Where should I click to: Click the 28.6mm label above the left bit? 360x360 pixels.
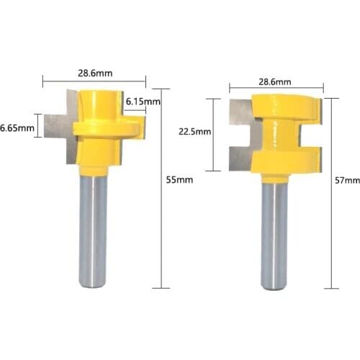pyautogui.click(x=94, y=73)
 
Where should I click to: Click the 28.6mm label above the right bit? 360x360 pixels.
pyautogui.click(x=274, y=81)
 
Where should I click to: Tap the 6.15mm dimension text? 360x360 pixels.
pyautogui.click(x=143, y=102)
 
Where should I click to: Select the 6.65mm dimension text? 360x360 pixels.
pyautogui.click(x=17, y=128)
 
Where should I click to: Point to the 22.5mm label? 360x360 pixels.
pyautogui.click(x=194, y=132)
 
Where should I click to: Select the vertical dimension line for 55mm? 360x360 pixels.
pyautogui.click(x=161, y=216)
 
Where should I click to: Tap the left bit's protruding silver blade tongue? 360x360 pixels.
pyautogui.click(x=56, y=128)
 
